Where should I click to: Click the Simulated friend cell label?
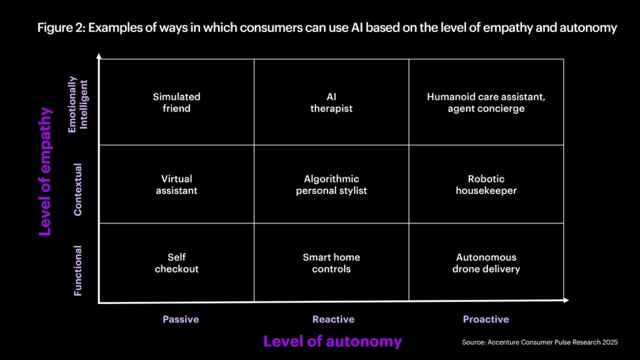(x=177, y=102)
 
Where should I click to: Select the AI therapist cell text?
(x=331, y=102)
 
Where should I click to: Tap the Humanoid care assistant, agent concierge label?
(x=486, y=102)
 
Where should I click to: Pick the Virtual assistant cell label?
(x=177, y=185)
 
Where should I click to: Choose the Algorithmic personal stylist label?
(x=331, y=185)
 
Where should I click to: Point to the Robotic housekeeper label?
(x=486, y=185)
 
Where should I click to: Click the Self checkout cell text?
(x=177, y=263)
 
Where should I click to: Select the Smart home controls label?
(x=331, y=263)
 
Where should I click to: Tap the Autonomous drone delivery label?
(x=486, y=263)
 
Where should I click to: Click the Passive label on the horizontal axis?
(x=181, y=319)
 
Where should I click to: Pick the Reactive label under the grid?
(x=333, y=319)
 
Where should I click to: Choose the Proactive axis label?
(x=486, y=319)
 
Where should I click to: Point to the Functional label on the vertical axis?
(x=78, y=270)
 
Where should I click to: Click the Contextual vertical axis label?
(x=78, y=189)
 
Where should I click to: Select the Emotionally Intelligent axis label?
(x=78, y=105)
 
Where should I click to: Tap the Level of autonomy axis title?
(x=332, y=341)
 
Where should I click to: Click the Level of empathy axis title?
(x=46, y=171)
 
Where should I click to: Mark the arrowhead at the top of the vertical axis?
(x=99, y=55)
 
